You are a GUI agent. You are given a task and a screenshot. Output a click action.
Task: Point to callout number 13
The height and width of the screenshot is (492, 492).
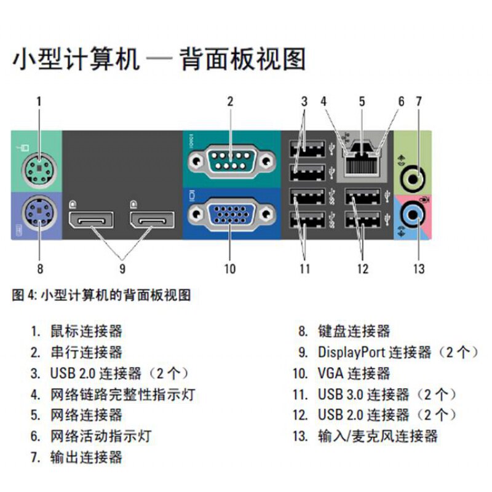click(419, 268)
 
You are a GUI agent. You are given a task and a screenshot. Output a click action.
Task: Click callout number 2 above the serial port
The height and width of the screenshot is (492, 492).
click(230, 101)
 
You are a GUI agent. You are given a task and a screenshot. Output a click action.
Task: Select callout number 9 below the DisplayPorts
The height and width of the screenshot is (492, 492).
click(122, 268)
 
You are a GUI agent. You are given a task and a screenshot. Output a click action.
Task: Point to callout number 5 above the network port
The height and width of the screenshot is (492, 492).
click(362, 101)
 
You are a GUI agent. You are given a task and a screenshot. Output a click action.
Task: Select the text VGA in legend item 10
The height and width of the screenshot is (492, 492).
click(330, 373)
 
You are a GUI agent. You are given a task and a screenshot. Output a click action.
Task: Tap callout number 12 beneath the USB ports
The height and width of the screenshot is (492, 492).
click(362, 268)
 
